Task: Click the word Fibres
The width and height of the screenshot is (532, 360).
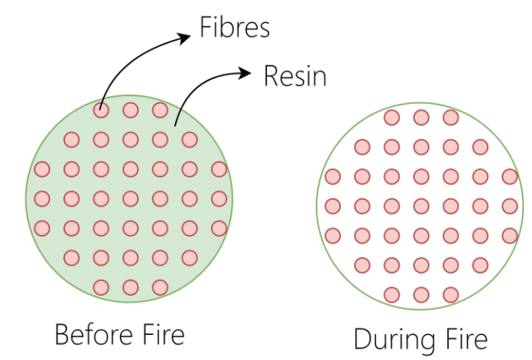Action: tap(235, 27)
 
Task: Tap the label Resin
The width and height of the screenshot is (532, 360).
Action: tap(295, 76)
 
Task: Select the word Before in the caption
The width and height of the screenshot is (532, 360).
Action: tap(94, 335)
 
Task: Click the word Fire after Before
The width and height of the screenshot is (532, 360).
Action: tap(164, 335)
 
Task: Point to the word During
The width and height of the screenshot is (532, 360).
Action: tap(394, 339)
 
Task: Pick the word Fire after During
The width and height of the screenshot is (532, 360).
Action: tap(466, 339)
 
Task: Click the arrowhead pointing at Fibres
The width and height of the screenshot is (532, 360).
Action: tap(184, 38)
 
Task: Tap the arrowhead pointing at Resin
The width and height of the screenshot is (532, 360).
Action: tap(244, 73)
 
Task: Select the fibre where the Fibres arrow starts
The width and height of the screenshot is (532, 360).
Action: tap(101, 110)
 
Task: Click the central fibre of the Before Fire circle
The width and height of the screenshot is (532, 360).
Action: tap(131, 199)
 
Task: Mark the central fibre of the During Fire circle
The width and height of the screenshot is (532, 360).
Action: tap(421, 207)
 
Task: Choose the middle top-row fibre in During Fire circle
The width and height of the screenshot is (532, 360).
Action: tap(421, 118)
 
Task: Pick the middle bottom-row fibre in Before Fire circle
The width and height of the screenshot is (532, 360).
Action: tap(131, 288)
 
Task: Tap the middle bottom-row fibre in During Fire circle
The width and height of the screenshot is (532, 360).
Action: tap(421, 295)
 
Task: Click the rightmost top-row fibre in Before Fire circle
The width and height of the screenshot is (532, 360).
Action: tap(160, 110)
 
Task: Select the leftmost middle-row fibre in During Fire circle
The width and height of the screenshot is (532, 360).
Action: tap(333, 207)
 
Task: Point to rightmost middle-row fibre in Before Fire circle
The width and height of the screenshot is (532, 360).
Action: tap(219, 199)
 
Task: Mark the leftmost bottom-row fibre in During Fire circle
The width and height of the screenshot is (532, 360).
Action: tap(392, 295)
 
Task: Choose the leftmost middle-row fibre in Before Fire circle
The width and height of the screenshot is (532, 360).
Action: tap(42, 199)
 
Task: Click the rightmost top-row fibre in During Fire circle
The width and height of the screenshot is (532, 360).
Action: tap(451, 118)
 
